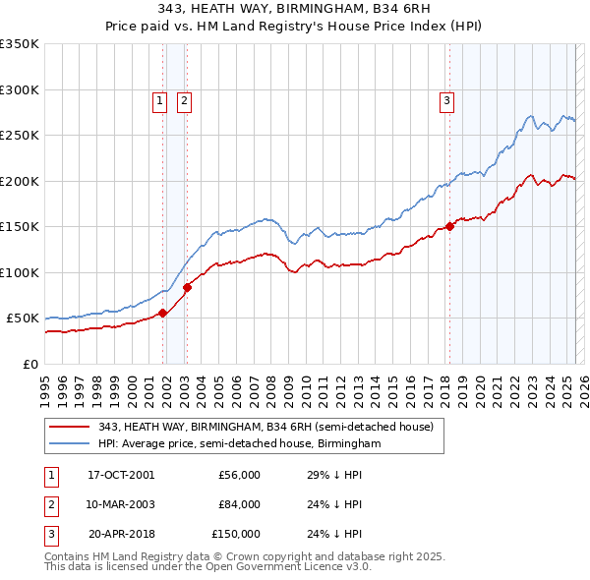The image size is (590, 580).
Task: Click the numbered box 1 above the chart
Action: (x=159, y=99)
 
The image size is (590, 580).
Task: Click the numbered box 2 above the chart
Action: (x=184, y=99)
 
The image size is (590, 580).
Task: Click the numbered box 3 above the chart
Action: (x=446, y=99)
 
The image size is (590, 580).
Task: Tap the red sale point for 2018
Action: (x=449, y=226)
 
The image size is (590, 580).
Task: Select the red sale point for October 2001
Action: (x=163, y=313)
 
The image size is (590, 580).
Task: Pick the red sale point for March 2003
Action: (x=187, y=287)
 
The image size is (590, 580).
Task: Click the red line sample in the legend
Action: (x=69, y=426)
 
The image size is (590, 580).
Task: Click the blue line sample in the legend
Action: (x=69, y=443)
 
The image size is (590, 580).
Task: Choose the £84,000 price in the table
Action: (x=239, y=504)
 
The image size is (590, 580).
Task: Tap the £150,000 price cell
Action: (x=236, y=534)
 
